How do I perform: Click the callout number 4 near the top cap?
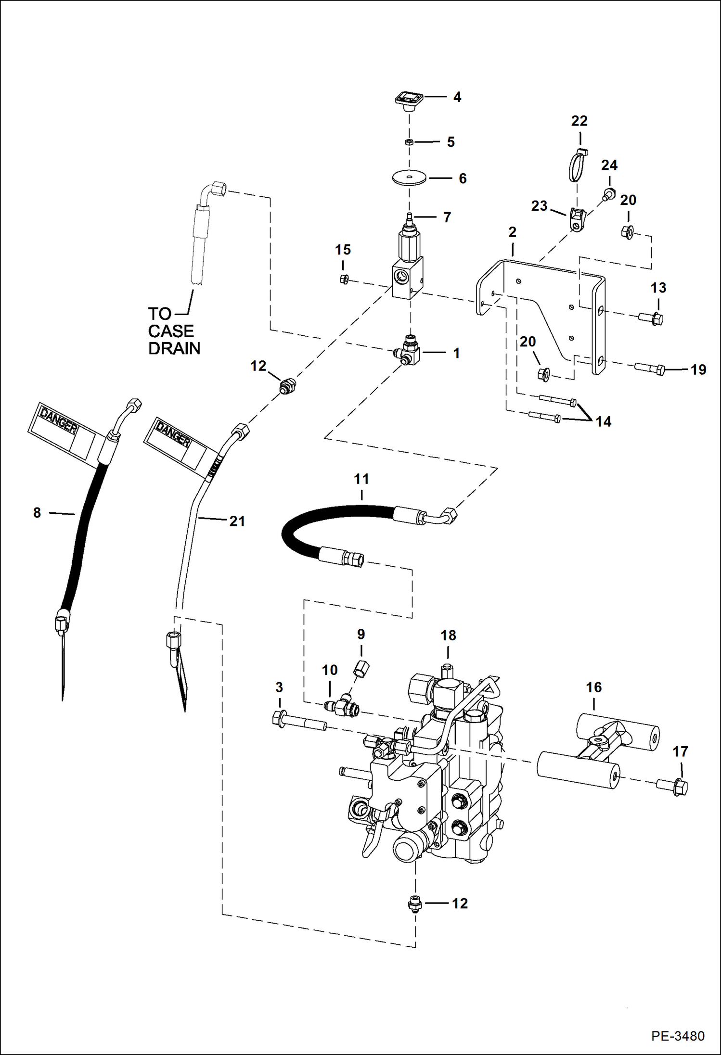coord(457,97)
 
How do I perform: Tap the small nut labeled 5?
coord(408,142)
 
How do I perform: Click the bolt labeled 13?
coord(651,318)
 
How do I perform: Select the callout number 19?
coord(698,369)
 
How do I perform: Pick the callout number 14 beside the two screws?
coord(603,421)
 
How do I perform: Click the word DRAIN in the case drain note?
coord(174,348)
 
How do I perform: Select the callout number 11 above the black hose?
coord(361,479)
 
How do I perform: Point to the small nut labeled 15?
coord(344,279)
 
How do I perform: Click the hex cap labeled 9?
coord(361,668)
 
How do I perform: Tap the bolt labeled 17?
coord(673,786)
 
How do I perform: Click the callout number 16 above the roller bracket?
coord(593,687)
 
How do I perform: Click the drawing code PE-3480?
coord(678,1036)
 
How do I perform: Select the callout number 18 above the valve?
coord(448,636)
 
